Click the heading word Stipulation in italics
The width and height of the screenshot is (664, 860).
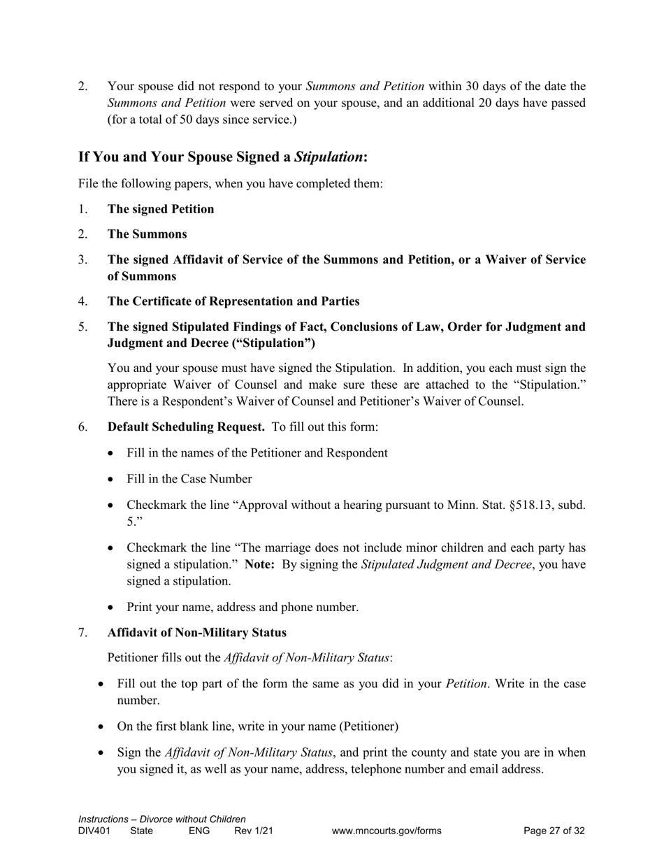pyautogui.click(x=329, y=157)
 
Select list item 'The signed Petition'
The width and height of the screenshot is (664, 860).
pyautogui.click(x=161, y=209)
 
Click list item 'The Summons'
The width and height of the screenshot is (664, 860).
pyautogui.click(x=147, y=234)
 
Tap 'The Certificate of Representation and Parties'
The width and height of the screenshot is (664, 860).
pyautogui.click(x=233, y=301)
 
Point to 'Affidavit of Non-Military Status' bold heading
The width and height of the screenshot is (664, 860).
pyautogui.click(x=196, y=633)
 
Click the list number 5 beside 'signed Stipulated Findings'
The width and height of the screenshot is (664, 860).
pyautogui.click(x=82, y=327)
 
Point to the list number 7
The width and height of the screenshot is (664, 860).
pyautogui.click(x=82, y=633)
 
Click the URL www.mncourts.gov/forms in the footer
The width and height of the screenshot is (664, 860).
pyautogui.click(x=387, y=831)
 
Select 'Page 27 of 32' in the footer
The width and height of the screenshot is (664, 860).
pyautogui.click(x=554, y=831)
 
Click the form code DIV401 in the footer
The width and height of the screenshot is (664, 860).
pyautogui.click(x=94, y=831)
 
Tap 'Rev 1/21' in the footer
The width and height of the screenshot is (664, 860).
pyautogui.click(x=253, y=831)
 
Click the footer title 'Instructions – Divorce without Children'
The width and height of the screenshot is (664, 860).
pyautogui.click(x=161, y=819)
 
